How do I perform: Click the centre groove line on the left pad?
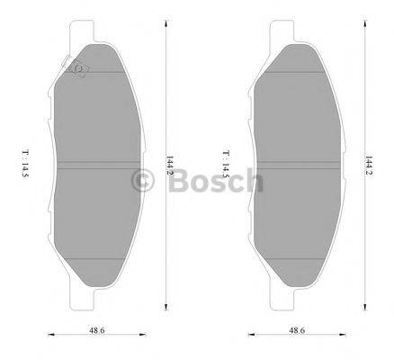(x=100, y=163)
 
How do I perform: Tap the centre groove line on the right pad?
(x=298, y=163)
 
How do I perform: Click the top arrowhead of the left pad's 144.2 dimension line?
(x=166, y=19)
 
